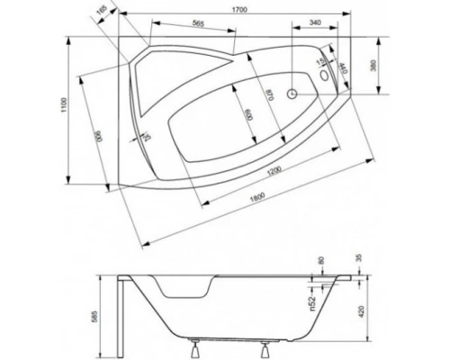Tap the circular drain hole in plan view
[x=292, y=93]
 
